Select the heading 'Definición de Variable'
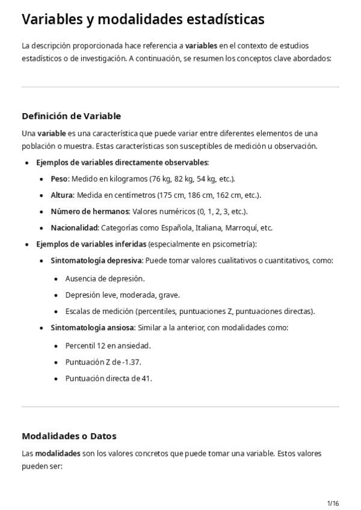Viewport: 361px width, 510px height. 71,116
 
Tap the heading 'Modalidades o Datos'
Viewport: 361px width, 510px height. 69,435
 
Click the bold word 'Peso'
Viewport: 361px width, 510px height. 59,179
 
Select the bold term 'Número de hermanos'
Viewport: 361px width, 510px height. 90,212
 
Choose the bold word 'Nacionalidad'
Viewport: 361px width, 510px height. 75,228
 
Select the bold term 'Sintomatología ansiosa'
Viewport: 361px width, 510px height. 93,328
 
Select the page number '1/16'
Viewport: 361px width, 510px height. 333,503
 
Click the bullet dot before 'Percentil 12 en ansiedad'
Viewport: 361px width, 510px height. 56,346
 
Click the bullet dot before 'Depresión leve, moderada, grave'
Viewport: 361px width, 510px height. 56,295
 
